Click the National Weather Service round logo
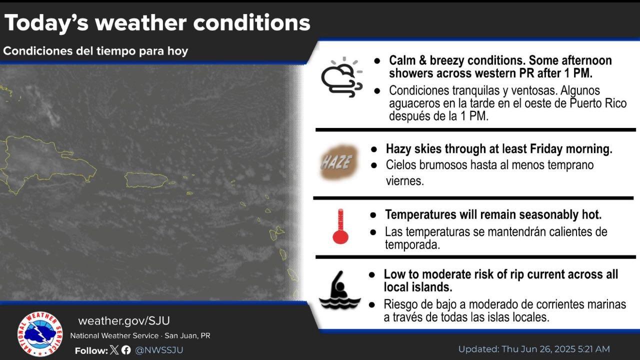[40, 334]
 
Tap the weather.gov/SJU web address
[124, 321]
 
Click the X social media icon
[114, 350]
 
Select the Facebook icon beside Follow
[126, 350]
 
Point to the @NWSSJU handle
[159, 350]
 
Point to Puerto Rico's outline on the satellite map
[146, 179]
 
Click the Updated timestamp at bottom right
[534, 349]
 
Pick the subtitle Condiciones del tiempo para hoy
[95, 51]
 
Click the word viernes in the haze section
[404, 180]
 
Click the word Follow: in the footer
[91, 350]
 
